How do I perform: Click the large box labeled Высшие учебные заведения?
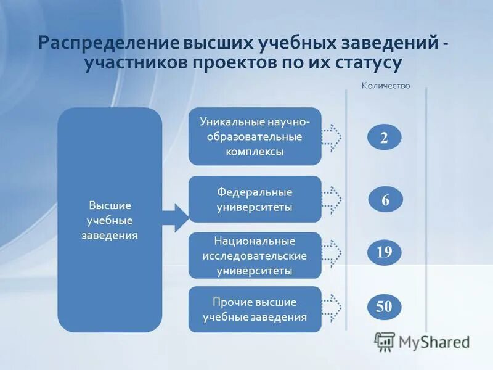pyautogui.click(x=110, y=220)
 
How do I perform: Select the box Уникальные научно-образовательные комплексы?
pyautogui.click(x=255, y=136)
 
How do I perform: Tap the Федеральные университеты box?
pyautogui.click(x=255, y=199)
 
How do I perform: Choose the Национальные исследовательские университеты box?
pyautogui.click(x=255, y=255)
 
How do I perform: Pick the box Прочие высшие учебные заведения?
pyautogui.click(x=255, y=310)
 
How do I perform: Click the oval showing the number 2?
pyautogui.click(x=384, y=138)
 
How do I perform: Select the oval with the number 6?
pyautogui.click(x=385, y=200)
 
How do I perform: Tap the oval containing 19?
pyautogui.click(x=384, y=252)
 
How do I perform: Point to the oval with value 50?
pyautogui.click(x=384, y=306)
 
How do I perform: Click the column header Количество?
pyautogui.click(x=385, y=86)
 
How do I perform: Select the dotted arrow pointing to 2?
pyautogui.click(x=332, y=138)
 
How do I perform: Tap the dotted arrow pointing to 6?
pyautogui.click(x=332, y=199)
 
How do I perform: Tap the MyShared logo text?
pyautogui.click(x=434, y=342)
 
